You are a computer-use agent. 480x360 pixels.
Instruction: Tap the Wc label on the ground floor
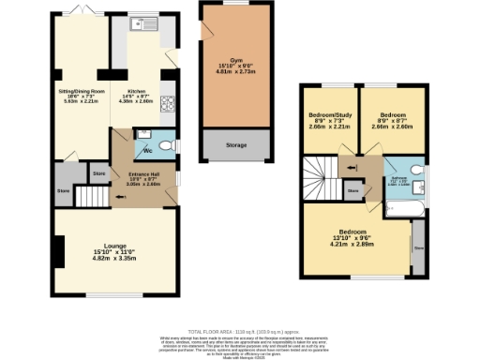click(x=148, y=151)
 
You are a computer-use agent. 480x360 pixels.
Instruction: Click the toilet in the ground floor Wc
click(x=166, y=146)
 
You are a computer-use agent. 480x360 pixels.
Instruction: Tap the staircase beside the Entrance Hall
click(x=92, y=197)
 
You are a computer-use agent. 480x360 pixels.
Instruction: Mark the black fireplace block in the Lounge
click(x=60, y=250)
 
